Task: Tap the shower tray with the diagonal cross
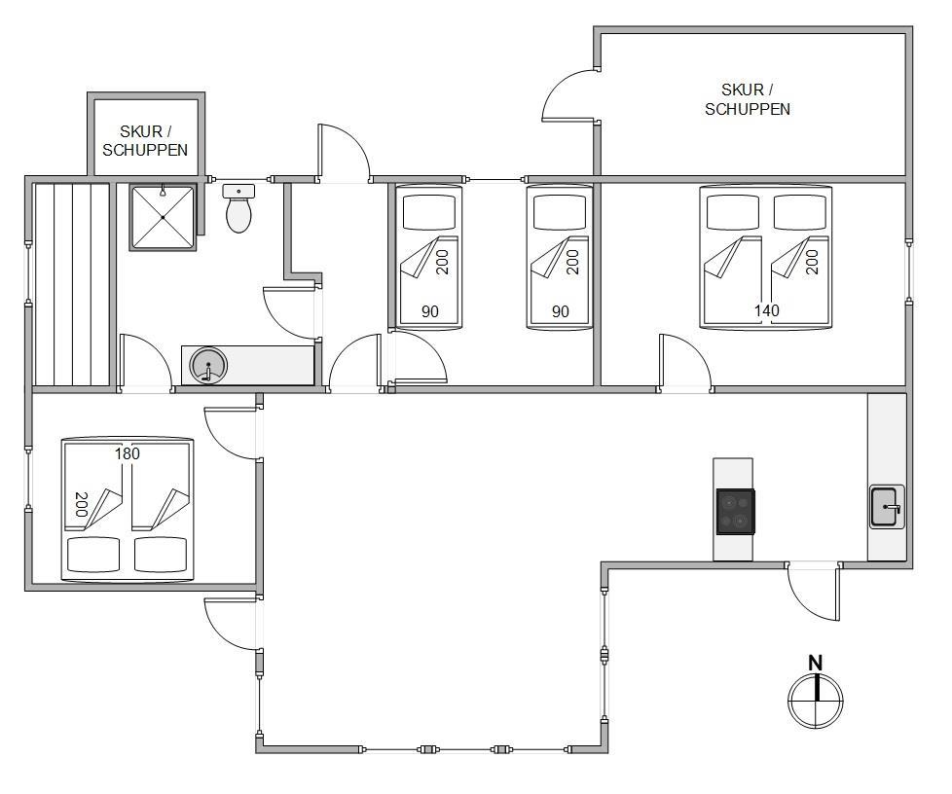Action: (163, 217)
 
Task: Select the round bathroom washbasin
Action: (208, 366)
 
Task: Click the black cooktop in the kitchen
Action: (735, 512)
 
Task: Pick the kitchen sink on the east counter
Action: (887, 506)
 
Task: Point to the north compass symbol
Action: (816, 700)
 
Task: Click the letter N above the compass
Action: (816, 663)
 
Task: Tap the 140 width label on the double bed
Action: (766, 310)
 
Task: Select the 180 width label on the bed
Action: (128, 453)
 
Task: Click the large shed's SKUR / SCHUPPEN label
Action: (748, 99)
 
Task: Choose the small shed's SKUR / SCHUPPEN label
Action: (145, 141)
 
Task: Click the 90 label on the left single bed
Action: (430, 311)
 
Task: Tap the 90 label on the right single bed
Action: (561, 311)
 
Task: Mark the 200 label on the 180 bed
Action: (82, 504)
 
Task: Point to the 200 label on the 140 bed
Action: (812, 262)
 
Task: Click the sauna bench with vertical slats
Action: (72, 284)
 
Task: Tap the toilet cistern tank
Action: (238, 192)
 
